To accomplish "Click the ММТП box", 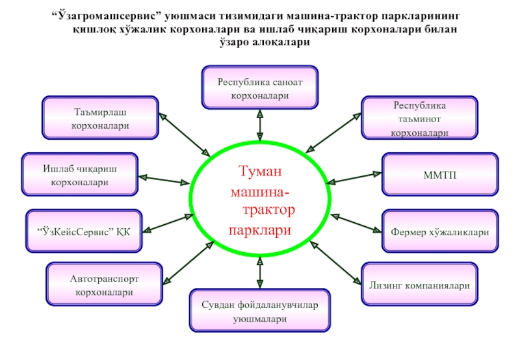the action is click(x=440, y=174).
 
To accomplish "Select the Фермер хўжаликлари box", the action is click(x=440, y=231).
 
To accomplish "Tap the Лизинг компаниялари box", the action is click(x=419, y=284).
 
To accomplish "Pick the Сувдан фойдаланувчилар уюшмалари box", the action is click(x=260, y=311).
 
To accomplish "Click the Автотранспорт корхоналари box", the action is click(x=104, y=284).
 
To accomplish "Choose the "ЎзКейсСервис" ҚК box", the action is click(x=84, y=231).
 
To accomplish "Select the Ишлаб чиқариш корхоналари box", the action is click(x=79, y=174).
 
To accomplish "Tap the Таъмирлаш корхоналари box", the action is click(x=100, y=118).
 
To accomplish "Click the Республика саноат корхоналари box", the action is click(x=260, y=88).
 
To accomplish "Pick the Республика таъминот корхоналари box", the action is click(x=419, y=118).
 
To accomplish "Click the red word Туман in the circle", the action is click(x=260, y=171).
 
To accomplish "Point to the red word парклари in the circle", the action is click(x=260, y=230).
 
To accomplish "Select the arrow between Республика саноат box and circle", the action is click(x=260, y=125).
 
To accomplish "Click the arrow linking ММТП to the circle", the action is click(x=354, y=178).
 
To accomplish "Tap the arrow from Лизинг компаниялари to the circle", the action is click(x=335, y=263).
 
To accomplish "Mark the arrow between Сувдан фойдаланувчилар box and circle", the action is click(x=260, y=272).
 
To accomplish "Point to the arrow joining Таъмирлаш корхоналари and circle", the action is click(x=185, y=135).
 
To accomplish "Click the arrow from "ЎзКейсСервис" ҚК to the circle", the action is click(x=168, y=224).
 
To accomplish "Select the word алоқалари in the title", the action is click(x=281, y=42).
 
